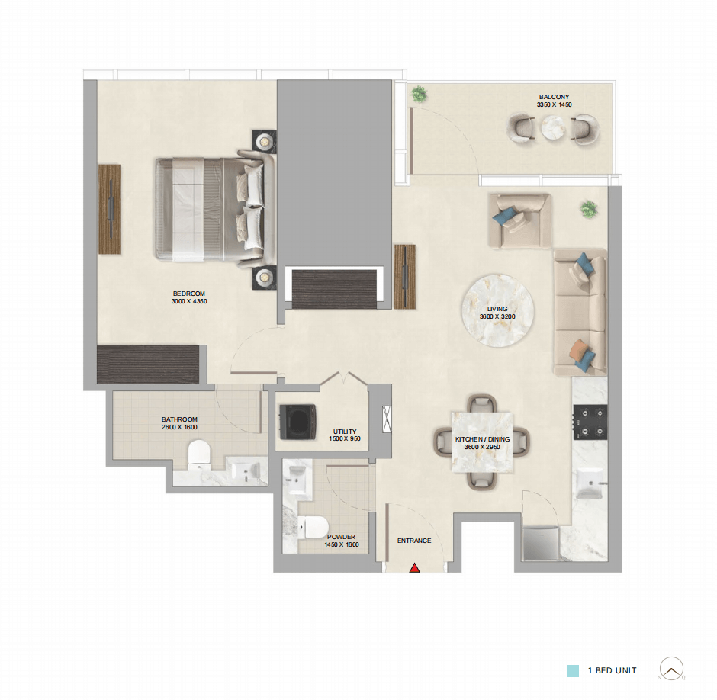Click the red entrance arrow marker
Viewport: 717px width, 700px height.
[x=415, y=568]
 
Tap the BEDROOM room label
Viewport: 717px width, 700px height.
[x=189, y=294]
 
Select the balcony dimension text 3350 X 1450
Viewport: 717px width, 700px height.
[x=555, y=104]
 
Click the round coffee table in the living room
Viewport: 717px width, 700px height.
[x=497, y=311]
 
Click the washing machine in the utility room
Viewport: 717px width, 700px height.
[x=297, y=422]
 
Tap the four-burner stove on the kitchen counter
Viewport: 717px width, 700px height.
[x=590, y=422]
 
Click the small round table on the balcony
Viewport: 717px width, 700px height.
[x=553, y=127]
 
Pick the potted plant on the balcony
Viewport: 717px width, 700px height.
[x=418, y=95]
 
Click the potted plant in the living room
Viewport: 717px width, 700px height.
[x=589, y=209]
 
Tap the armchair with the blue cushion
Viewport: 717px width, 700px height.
[x=519, y=220]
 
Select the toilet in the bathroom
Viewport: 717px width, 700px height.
[x=199, y=455]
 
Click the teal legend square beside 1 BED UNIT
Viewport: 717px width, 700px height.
[x=573, y=671]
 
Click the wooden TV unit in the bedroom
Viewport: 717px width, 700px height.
[x=110, y=210]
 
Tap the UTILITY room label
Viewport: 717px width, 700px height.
[x=345, y=431]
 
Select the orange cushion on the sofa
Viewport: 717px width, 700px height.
[x=578, y=349]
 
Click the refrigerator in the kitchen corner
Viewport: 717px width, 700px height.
[x=541, y=543]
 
